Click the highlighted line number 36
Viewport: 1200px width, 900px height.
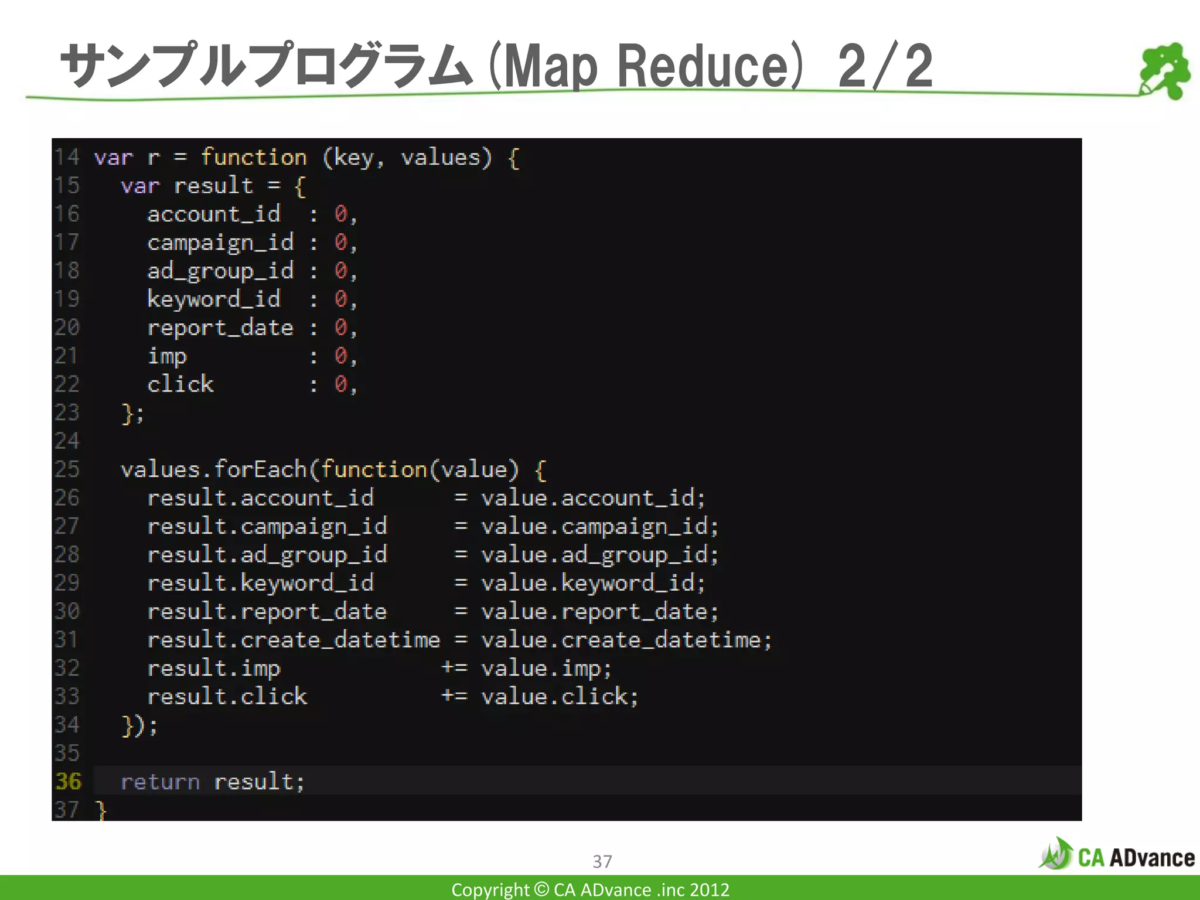click(x=68, y=781)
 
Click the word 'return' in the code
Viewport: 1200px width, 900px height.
click(x=160, y=782)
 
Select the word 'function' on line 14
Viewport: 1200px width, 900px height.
click(x=254, y=158)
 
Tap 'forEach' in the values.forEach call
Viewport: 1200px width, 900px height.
click(x=260, y=469)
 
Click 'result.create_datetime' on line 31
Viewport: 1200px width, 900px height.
click(x=294, y=640)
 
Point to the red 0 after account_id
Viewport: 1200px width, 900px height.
click(x=340, y=214)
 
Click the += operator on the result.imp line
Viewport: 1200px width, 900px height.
click(x=454, y=668)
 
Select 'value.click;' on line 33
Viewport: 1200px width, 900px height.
click(x=560, y=697)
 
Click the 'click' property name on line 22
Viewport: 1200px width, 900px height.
click(x=180, y=384)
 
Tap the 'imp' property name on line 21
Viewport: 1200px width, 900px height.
click(x=167, y=356)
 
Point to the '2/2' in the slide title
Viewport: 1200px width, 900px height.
click(x=885, y=66)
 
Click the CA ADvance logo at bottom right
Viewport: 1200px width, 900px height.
click(x=1117, y=855)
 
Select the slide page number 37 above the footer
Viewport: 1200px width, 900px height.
click(x=602, y=861)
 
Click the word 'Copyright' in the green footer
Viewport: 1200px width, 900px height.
click(x=490, y=889)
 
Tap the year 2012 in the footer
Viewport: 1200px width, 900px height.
click(x=710, y=889)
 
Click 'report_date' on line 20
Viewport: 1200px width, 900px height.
click(x=220, y=328)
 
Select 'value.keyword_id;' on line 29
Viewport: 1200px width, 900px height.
click(x=593, y=583)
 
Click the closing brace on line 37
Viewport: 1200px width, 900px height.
click(x=101, y=810)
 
